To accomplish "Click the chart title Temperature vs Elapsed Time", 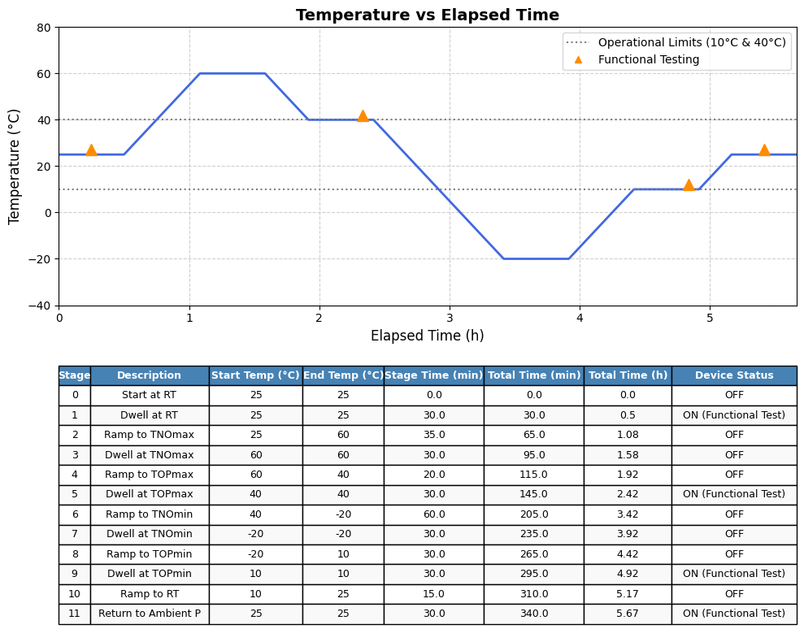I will coord(427,15).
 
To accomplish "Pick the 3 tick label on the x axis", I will coord(449,319).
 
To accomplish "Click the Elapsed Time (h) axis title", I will coord(427,336).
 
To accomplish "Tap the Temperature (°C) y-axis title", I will coord(15,167).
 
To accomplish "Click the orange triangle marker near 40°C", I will coord(363,115).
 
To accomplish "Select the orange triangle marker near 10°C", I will coord(689,185).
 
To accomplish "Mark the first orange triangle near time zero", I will coord(91,150).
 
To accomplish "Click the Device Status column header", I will coord(733,375).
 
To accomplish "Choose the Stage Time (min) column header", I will coord(433,375).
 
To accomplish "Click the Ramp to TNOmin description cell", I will coord(149,514).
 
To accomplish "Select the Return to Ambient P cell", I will coord(149,614).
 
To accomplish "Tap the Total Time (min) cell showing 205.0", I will coord(533,514).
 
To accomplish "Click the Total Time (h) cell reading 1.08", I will coord(627,435).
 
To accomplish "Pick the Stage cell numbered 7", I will coord(74,534).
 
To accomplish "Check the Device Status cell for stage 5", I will coord(733,494).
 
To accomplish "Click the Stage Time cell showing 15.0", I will coord(433,594).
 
